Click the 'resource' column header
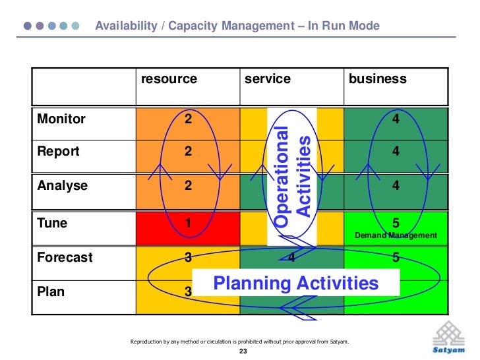click(169, 80)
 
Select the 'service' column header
click(267, 80)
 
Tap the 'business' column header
click(377, 80)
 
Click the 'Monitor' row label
click(61, 119)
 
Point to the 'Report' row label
click(59, 152)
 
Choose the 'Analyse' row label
click(63, 186)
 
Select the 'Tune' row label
click(53, 224)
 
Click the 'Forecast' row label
click(65, 258)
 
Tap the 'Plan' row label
click(51, 291)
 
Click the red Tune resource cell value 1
click(188, 224)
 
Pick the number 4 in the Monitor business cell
click(396, 119)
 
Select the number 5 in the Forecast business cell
click(396, 258)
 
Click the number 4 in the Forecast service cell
click(291, 258)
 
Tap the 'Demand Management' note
click(396, 235)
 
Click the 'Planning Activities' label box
click(295, 284)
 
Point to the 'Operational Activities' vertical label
click(292, 177)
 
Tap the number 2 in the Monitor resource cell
click(188, 119)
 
